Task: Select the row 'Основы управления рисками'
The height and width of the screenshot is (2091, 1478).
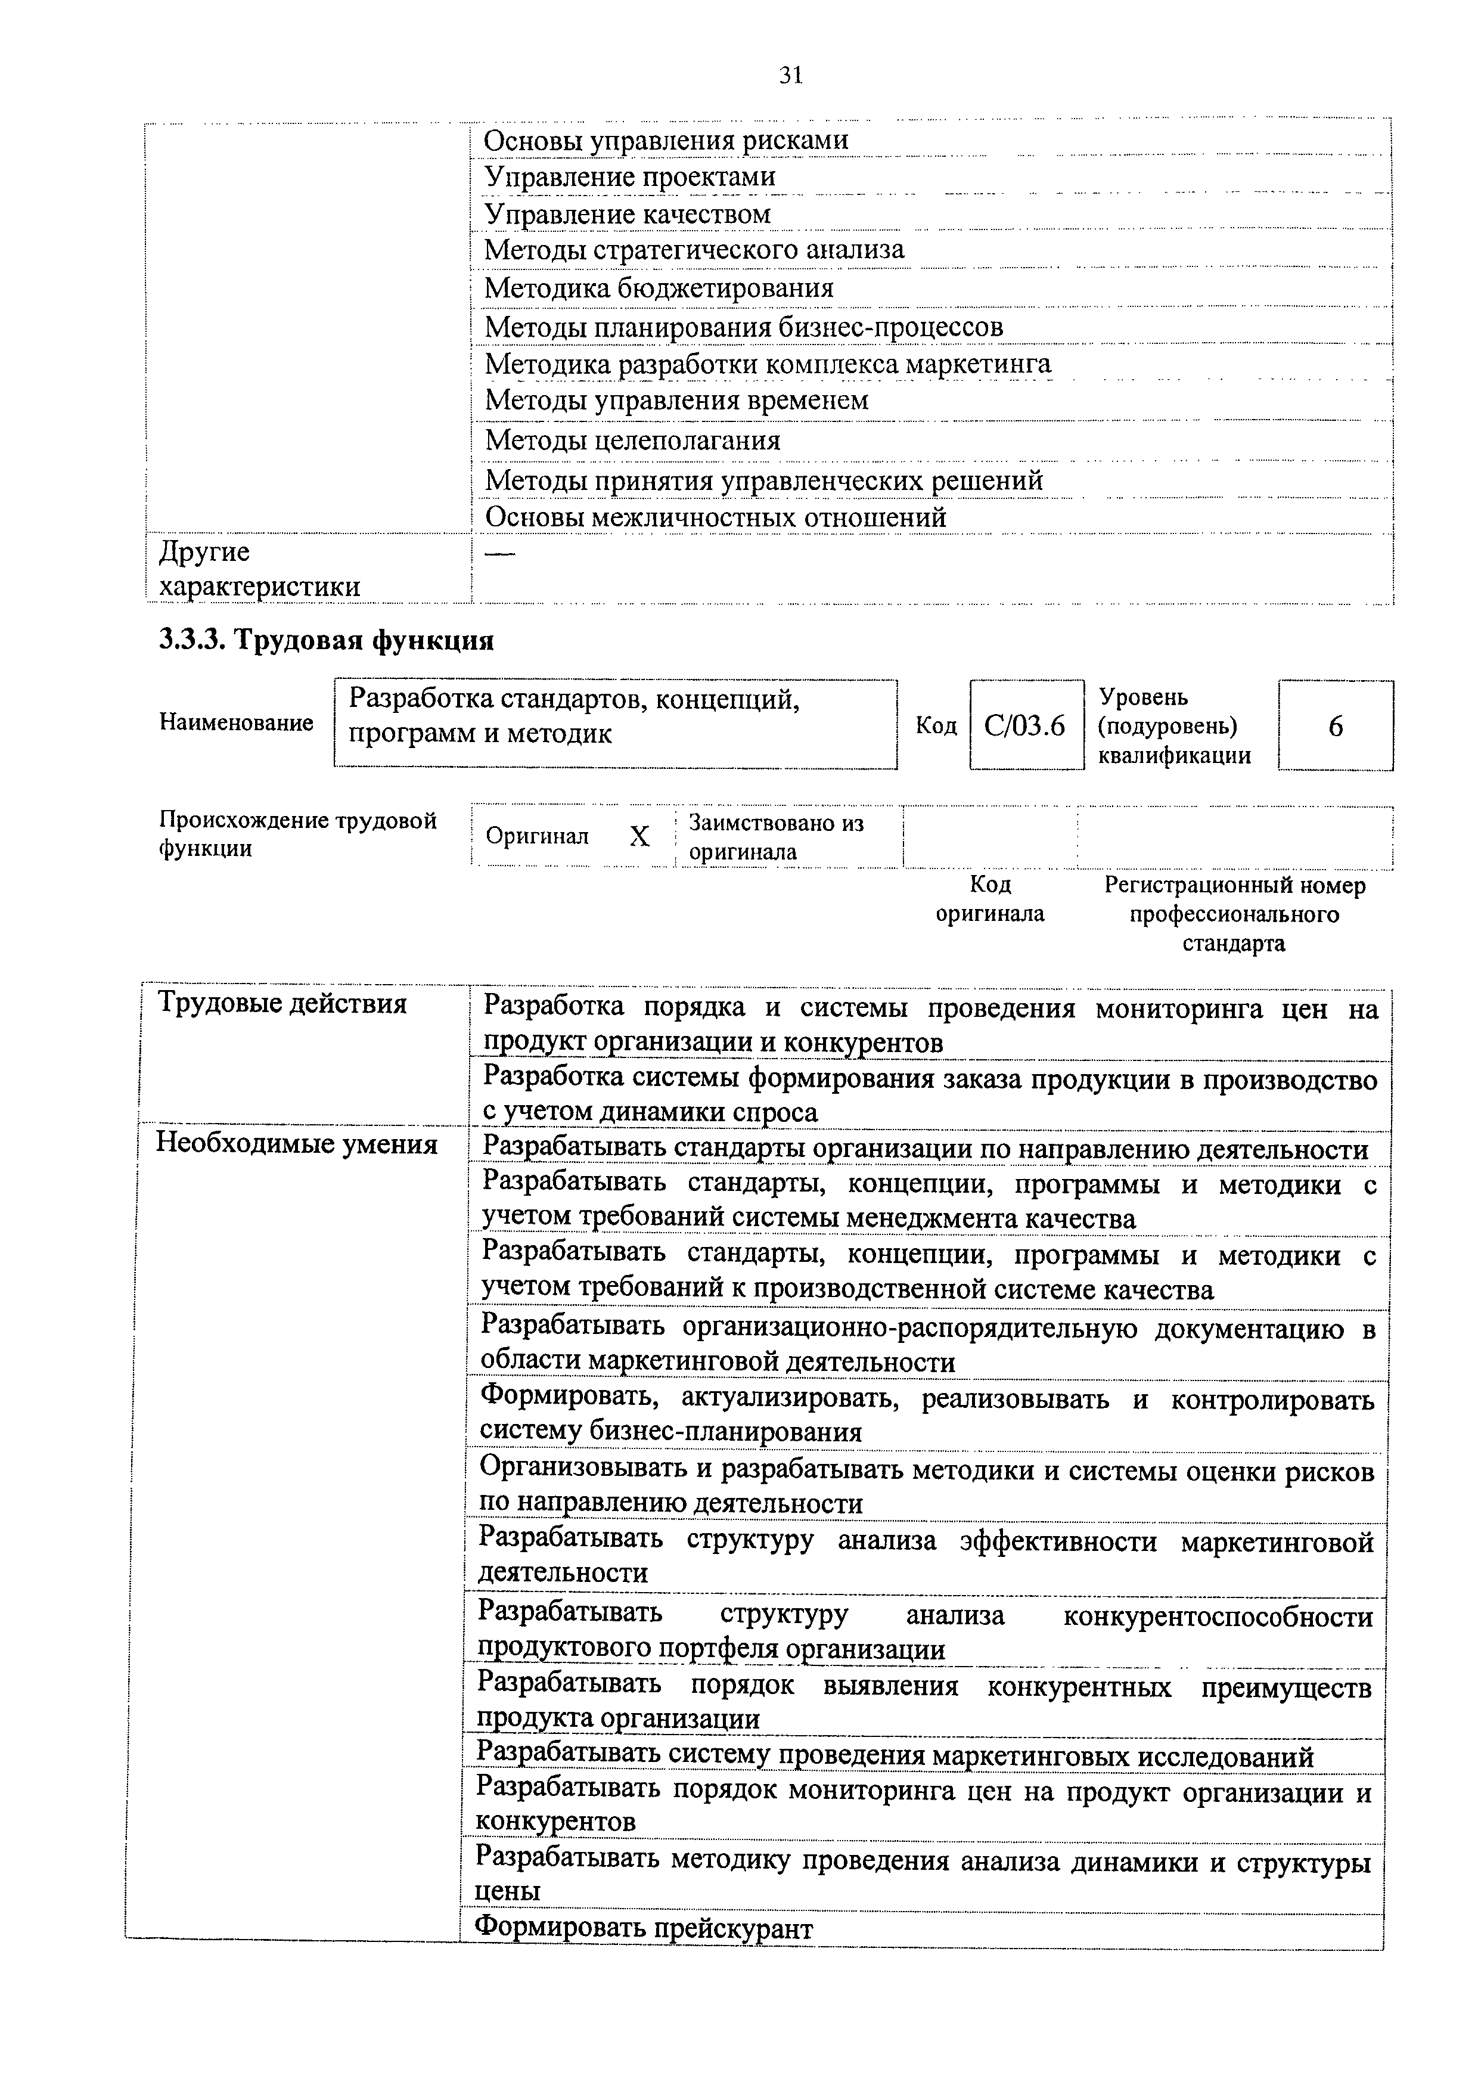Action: pyautogui.click(x=666, y=140)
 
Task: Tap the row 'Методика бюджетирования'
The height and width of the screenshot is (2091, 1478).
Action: pyautogui.click(x=659, y=288)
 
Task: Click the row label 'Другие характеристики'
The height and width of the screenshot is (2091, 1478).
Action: pyautogui.click(x=259, y=569)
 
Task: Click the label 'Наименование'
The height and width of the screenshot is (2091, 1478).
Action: pyautogui.click(x=236, y=722)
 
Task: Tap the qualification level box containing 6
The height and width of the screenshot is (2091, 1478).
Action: pyautogui.click(x=1335, y=726)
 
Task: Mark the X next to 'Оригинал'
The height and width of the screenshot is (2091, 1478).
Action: pyautogui.click(x=639, y=837)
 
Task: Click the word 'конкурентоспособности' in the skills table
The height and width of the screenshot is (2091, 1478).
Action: pyautogui.click(x=1218, y=1617)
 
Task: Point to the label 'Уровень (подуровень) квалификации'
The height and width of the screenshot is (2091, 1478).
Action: pyautogui.click(x=1174, y=726)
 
